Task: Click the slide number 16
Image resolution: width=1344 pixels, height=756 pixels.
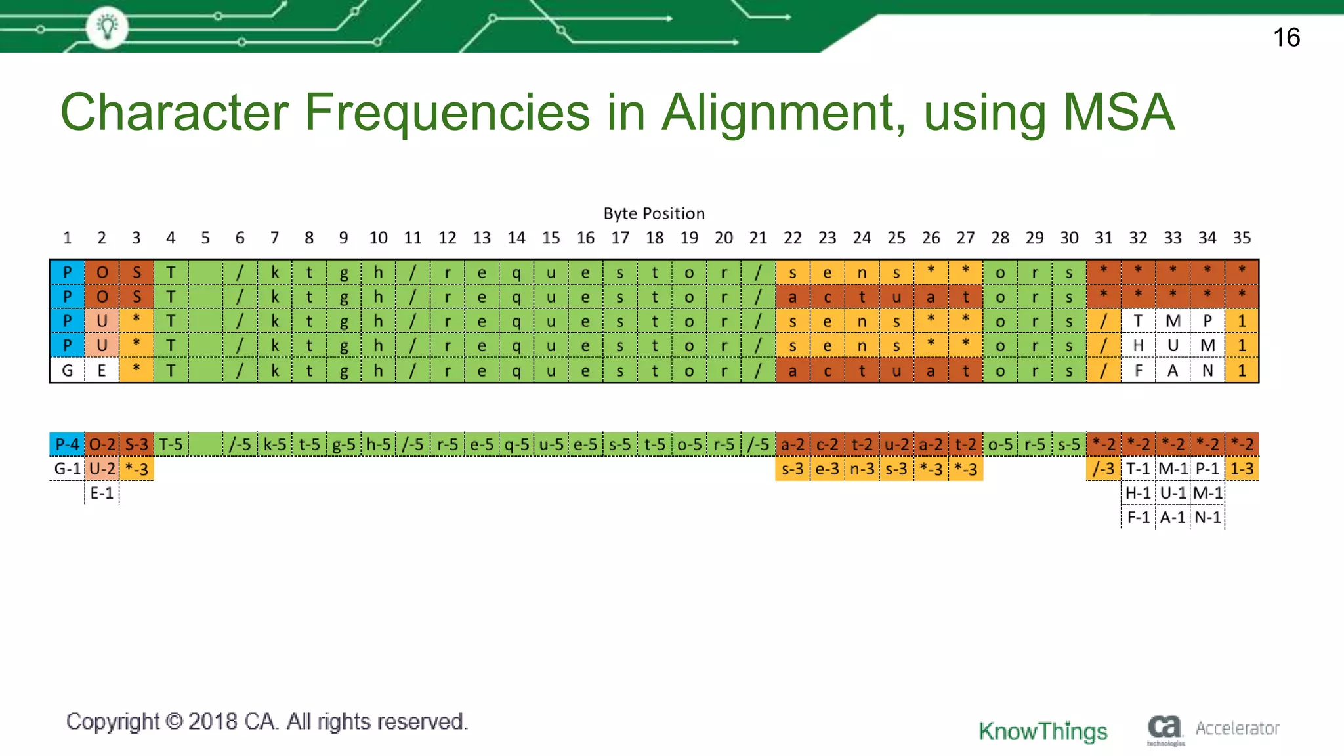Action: (1286, 37)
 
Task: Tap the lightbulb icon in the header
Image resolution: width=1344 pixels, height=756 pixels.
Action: (107, 27)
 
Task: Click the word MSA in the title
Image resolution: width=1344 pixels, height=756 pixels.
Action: (1118, 112)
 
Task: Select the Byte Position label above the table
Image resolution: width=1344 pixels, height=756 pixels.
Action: (654, 213)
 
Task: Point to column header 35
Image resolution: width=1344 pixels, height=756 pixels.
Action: (1242, 238)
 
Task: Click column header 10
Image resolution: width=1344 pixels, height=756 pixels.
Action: (378, 238)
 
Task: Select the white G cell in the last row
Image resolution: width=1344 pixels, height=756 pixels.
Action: (67, 371)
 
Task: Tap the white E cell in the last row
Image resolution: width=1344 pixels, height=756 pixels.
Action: (102, 371)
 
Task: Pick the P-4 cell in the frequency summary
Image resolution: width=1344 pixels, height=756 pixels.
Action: (67, 444)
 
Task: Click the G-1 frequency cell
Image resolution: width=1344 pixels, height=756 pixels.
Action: (67, 469)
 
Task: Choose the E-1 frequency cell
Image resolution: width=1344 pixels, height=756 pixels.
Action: (102, 493)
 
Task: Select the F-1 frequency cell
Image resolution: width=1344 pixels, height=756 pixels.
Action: (1138, 517)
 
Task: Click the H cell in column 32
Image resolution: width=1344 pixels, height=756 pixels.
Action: (1138, 345)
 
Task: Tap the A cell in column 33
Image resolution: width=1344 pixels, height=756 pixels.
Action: (1173, 371)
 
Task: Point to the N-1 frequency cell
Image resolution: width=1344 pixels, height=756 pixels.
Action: (1207, 517)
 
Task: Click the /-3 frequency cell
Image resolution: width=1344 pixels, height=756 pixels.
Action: (1103, 469)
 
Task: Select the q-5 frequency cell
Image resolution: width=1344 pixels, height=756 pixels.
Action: (516, 444)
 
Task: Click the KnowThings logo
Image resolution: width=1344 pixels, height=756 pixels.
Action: (1043, 730)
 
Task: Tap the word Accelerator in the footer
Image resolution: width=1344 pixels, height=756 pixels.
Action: (1237, 728)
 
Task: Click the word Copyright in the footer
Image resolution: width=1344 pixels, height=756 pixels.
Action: (112, 721)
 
